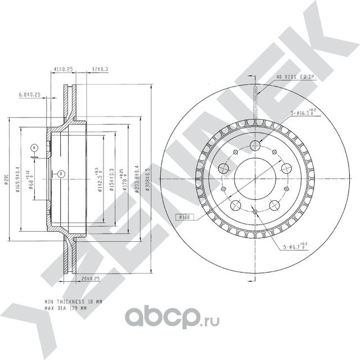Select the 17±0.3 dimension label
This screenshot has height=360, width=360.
(x=100, y=69)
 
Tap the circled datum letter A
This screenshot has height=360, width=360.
(x=34, y=148)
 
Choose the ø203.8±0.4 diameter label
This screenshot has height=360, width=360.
(x=137, y=179)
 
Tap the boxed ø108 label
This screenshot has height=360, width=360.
(x=186, y=217)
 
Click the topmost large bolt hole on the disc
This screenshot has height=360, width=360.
(x=255, y=146)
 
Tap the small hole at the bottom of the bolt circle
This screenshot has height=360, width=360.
(x=255, y=211)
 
